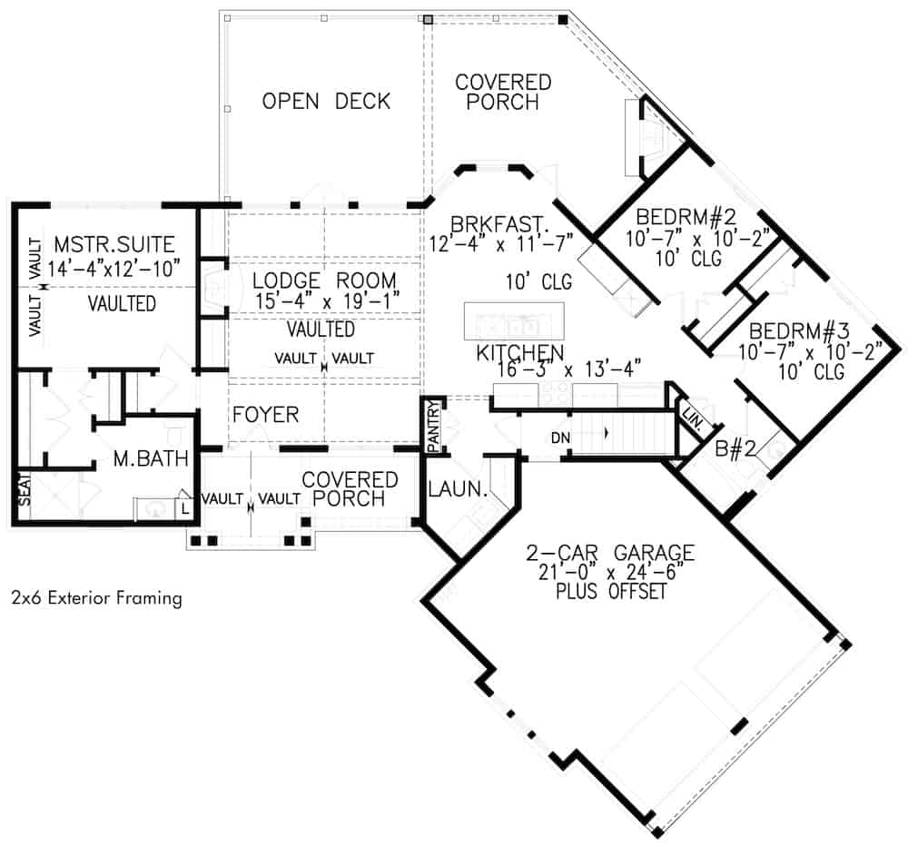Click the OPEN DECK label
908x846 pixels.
click(x=326, y=101)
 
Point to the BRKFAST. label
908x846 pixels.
click(x=490, y=223)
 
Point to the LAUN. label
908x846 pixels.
click(x=458, y=491)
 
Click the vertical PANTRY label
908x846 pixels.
click(x=433, y=423)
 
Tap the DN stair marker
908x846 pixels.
click(x=559, y=438)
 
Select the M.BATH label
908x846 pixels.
click(x=150, y=460)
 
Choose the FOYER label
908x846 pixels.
click(x=265, y=415)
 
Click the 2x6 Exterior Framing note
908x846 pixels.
click(x=96, y=598)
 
